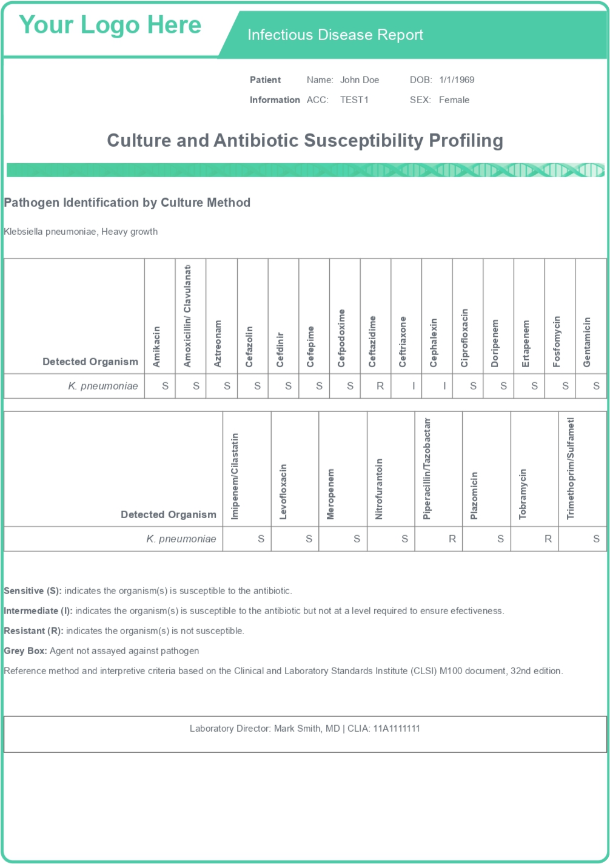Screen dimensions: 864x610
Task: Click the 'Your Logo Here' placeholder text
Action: pos(110,25)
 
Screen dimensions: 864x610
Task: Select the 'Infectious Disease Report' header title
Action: pos(335,35)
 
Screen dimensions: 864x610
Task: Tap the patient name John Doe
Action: pos(360,80)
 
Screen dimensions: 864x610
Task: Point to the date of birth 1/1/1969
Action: pos(457,80)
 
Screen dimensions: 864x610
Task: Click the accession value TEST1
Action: pos(354,100)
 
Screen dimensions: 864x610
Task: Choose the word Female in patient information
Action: pos(454,100)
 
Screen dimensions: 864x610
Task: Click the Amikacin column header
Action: pos(156,346)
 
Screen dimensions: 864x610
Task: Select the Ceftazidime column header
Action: pos(372,341)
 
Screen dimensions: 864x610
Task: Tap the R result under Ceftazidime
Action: pos(380,386)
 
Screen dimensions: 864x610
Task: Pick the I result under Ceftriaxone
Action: pos(414,386)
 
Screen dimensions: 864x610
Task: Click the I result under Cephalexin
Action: pos(444,386)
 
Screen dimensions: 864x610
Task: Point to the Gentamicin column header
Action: pos(587,341)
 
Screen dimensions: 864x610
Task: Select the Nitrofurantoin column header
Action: pos(379,489)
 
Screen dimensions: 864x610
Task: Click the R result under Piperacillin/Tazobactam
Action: pos(452,539)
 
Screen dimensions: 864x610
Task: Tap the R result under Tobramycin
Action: pos(548,539)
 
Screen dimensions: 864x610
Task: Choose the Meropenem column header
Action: pos(330,494)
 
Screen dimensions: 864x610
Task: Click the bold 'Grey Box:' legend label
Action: pos(25,651)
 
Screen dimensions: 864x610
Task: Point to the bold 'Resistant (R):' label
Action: pos(33,631)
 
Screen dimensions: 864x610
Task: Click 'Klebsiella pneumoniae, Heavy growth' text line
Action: pos(81,231)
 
